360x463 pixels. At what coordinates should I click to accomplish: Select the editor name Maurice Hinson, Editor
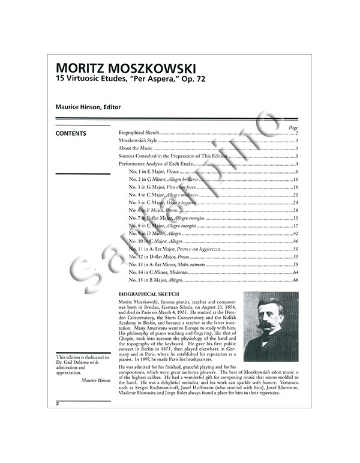click(88, 107)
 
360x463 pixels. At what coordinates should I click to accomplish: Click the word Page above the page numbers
click(293, 127)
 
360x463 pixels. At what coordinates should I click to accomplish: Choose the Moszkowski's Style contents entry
click(137, 140)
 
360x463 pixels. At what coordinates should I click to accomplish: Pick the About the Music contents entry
click(136, 148)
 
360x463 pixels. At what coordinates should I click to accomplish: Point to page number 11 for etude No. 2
click(296, 180)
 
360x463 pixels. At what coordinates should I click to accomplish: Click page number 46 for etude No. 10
click(296, 241)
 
